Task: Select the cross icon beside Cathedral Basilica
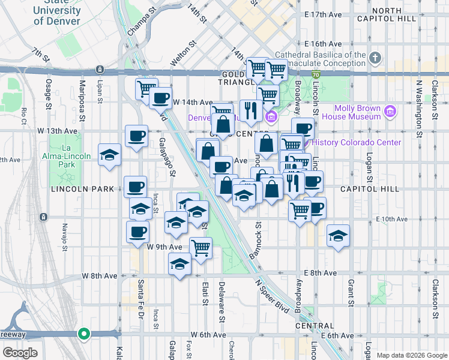click(375, 58)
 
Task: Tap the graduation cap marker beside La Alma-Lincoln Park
click(109, 155)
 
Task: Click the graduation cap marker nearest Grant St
click(338, 235)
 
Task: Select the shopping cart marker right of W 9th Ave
click(200, 247)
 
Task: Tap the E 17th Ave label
click(323, 14)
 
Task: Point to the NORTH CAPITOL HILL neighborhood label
click(394, 15)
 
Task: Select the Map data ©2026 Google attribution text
click(411, 355)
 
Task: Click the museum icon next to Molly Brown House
click(390, 111)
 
